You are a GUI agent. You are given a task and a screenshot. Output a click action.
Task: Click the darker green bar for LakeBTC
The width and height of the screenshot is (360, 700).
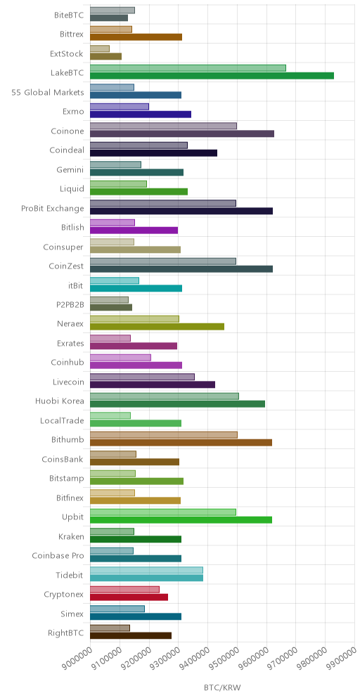212,75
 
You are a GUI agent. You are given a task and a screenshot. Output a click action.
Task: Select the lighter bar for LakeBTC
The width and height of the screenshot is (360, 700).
188,68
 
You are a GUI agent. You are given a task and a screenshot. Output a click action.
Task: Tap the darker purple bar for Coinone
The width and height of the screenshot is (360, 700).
182,134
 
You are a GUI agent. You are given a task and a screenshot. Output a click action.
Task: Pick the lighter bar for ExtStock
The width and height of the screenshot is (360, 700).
100,48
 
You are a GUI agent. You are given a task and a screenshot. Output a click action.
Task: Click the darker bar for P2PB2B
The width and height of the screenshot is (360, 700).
111,307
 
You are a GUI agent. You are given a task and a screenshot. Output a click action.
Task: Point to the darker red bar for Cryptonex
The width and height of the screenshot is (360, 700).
129,597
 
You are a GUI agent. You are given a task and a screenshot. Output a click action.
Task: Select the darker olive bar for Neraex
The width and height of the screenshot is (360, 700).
157,326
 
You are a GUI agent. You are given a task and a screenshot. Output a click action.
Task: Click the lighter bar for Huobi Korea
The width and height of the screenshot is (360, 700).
165,396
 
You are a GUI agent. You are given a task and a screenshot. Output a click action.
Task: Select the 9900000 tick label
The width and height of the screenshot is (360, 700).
342,661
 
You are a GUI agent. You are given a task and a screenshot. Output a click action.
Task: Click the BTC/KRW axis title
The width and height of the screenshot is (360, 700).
222,687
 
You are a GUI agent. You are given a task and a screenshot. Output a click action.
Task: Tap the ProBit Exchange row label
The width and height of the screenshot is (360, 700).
52,209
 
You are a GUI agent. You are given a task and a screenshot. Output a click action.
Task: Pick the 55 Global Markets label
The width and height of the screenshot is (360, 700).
48,92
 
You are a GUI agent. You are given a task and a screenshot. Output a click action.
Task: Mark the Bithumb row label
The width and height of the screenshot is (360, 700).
67,440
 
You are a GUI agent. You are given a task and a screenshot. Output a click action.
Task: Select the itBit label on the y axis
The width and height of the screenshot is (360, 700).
75,285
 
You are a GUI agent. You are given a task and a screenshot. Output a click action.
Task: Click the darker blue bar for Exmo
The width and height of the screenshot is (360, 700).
141,115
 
